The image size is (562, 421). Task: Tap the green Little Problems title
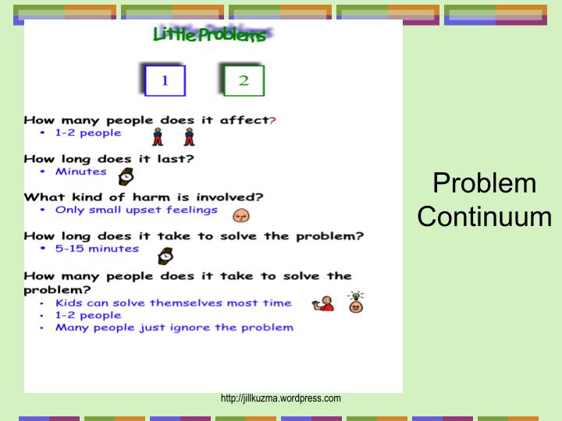(x=210, y=35)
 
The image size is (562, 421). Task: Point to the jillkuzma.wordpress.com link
(x=281, y=398)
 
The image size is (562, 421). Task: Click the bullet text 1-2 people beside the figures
(x=87, y=133)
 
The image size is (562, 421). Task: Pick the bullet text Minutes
(x=80, y=172)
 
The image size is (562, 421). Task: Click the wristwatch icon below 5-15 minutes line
(x=165, y=255)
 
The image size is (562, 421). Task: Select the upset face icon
(x=240, y=213)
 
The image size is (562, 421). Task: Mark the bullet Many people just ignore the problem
(x=174, y=327)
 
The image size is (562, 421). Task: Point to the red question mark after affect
(x=272, y=120)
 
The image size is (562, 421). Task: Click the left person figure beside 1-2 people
(x=158, y=137)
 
